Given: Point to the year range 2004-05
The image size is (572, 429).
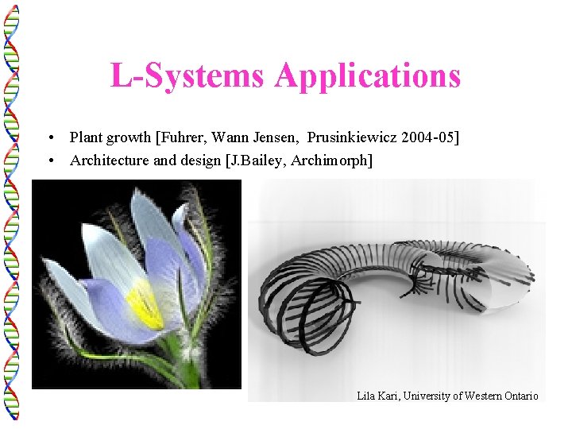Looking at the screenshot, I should click(x=428, y=137).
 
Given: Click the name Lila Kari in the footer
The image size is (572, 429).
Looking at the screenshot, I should click(x=376, y=396).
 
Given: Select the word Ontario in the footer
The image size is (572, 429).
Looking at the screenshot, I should click(x=520, y=396).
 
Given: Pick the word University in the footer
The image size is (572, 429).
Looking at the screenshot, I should click(x=425, y=396).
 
